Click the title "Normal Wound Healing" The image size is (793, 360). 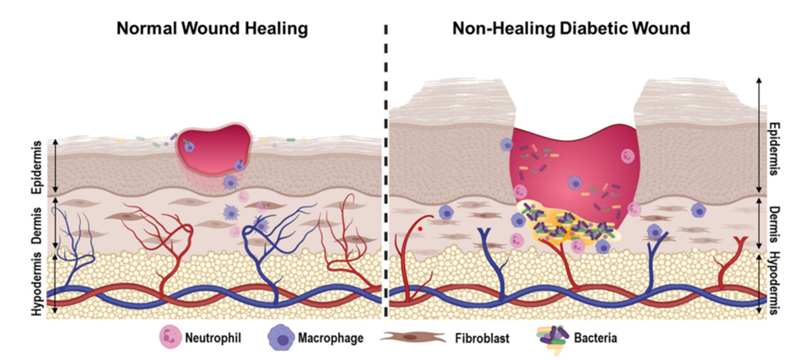point(212,27)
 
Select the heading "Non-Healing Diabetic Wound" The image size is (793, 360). point(571,27)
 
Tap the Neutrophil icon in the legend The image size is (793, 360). point(170,338)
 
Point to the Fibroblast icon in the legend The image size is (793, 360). point(414,338)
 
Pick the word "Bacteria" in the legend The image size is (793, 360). point(593,339)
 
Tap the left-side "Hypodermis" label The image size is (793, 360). point(38,285)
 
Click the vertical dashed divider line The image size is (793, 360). point(386,169)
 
